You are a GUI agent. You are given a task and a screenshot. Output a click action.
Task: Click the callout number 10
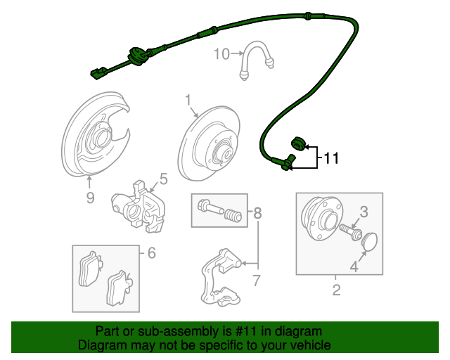[221, 53]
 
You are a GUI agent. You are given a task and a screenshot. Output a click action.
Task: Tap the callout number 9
[90, 198]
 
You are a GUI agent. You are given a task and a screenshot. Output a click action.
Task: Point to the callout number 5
[163, 179]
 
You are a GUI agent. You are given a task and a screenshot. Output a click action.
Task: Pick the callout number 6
[151, 252]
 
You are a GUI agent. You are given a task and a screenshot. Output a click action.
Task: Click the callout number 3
[364, 211]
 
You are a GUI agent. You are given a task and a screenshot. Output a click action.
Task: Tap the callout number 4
[354, 266]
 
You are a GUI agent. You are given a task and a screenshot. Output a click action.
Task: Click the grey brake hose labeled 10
[257, 59]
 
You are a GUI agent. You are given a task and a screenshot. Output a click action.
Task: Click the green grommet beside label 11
[297, 144]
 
